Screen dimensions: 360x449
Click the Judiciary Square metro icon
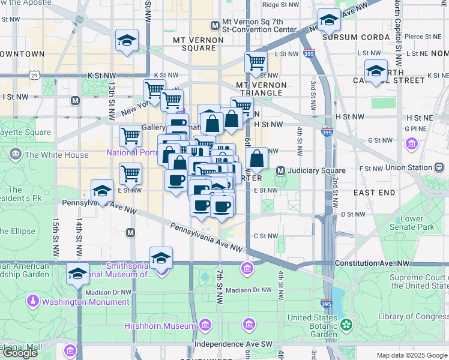click(280, 172)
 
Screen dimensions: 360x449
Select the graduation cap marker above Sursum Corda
click(328, 22)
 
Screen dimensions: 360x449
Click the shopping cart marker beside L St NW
click(256, 62)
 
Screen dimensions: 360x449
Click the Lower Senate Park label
click(411, 223)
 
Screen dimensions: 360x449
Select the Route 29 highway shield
click(35, 76)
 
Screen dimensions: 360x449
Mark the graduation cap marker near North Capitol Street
click(376, 71)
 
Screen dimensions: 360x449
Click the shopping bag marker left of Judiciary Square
click(256, 159)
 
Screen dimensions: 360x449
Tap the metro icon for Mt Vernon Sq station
click(215, 26)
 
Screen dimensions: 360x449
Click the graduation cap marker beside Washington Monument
click(77, 274)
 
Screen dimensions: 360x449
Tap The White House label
click(55, 155)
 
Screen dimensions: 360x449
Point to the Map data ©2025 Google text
click(411, 355)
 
